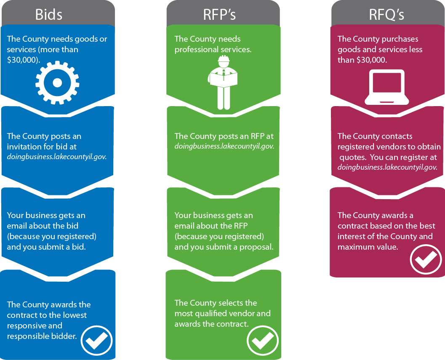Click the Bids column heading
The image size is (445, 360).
[x=49, y=14]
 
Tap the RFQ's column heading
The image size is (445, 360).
[x=386, y=14]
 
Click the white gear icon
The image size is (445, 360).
[x=57, y=82]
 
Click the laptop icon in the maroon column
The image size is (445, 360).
[x=386, y=87]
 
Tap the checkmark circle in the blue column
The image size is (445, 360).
[x=96, y=339]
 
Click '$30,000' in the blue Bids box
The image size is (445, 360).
[x=21, y=60]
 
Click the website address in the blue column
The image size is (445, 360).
[x=56, y=157]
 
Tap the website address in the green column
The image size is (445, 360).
[x=224, y=147]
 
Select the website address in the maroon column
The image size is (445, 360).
[x=387, y=167]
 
